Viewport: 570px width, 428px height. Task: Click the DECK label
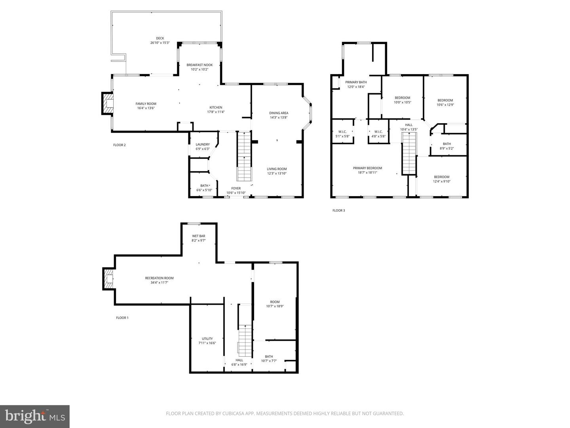point(160,38)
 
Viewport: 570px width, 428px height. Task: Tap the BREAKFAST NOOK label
point(199,65)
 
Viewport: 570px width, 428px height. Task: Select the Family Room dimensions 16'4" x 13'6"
point(146,108)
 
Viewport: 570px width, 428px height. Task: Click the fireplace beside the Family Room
point(108,103)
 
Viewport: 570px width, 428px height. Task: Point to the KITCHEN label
point(216,107)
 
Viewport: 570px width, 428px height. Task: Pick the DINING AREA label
point(279,113)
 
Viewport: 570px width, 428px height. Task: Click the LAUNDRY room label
point(203,145)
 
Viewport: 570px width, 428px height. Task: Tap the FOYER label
point(236,188)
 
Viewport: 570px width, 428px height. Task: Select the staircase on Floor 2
point(244,157)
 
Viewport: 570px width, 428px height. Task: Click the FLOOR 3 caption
point(338,210)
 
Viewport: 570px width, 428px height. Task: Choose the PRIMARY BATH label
point(356,82)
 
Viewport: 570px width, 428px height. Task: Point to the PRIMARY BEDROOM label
point(367,168)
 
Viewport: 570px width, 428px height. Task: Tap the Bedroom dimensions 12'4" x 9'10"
point(441,182)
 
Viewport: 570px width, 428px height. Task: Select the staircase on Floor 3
point(409,154)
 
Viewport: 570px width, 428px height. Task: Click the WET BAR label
point(198,236)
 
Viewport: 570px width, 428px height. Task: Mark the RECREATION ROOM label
point(160,278)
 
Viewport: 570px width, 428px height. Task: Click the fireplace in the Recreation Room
point(108,279)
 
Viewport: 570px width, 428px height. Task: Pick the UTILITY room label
point(207,338)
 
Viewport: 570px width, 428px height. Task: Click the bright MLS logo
point(35,416)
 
